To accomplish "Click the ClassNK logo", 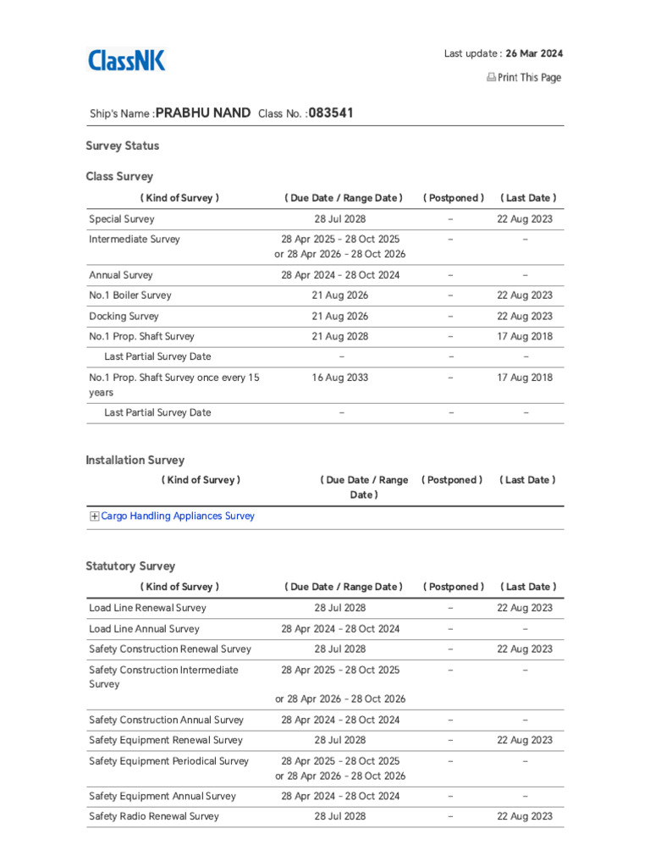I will (x=127, y=60).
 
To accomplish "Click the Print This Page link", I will (x=523, y=78).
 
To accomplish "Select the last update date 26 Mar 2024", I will (x=534, y=53).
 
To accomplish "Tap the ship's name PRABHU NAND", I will (x=203, y=113).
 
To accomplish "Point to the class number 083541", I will (x=331, y=113).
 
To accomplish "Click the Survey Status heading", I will (x=123, y=146).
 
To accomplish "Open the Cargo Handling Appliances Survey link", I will (x=178, y=516).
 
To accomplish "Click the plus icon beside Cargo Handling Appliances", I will (x=95, y=516).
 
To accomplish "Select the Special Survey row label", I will (x=122, y=219).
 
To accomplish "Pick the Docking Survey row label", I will (x=124, y=316).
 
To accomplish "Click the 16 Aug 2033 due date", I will (x=340, y=378).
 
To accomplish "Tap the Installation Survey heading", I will (x=135, y=460).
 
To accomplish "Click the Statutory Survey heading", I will (x=130, y=566).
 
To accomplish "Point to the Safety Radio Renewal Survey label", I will (x=154, y=816).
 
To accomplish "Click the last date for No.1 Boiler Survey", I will (x=525, y=295).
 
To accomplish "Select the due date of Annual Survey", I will (x=340, y=275).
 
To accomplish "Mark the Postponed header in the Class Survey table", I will (x=454, y=198).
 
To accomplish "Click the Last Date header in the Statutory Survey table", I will (x=528, y=587).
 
